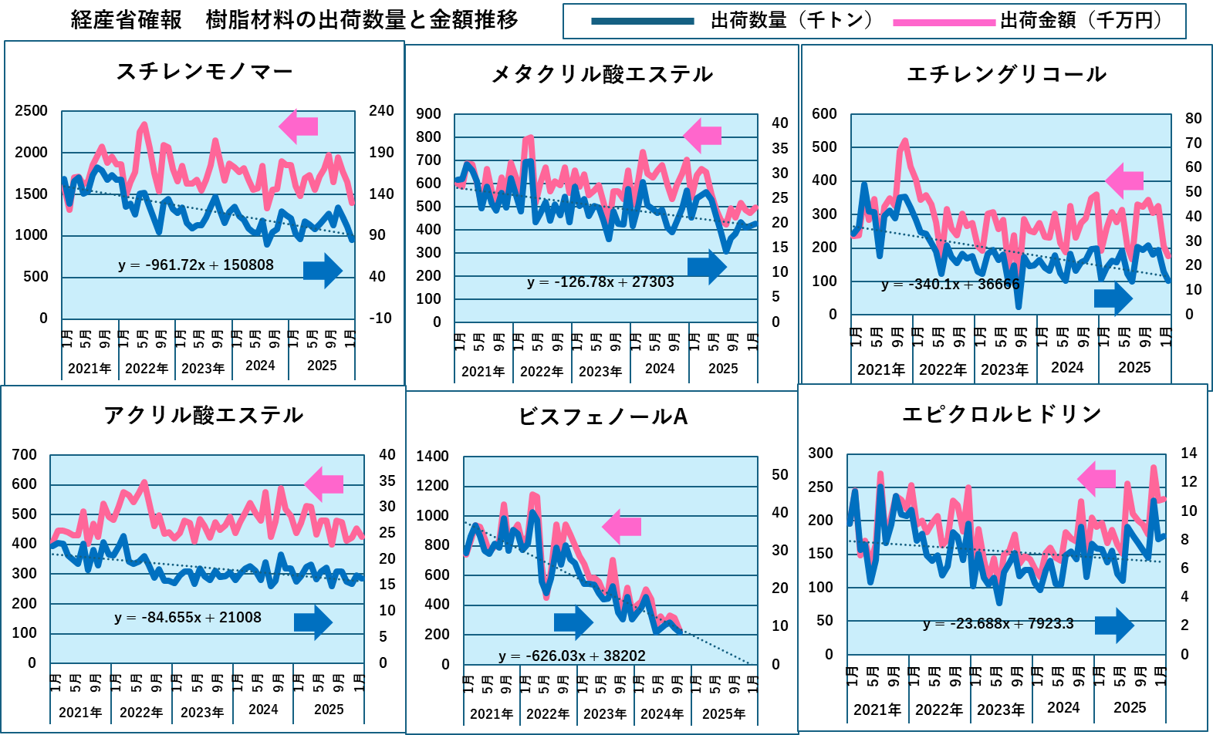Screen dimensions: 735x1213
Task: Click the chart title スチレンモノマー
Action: [x=204, y=72]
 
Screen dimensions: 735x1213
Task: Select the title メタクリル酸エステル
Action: [x=602, y=74]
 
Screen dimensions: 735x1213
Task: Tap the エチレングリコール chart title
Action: [x=1006, y=74]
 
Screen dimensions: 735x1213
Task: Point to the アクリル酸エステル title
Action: [x=204, y=416]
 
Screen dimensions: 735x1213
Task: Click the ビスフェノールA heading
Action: [x=603, y=417]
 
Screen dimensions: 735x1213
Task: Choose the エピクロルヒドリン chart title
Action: [x=1002, y=414]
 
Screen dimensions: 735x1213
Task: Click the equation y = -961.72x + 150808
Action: [x=196, y=265]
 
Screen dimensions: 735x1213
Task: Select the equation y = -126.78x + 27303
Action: [x=600, y=282]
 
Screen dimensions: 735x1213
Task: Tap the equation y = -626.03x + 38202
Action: [x=572, y=656]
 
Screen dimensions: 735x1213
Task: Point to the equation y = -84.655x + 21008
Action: [x=188, y=618]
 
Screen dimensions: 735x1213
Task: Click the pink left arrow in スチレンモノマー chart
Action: [x=299, y=126]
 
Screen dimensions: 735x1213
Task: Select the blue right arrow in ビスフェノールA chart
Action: [x=573, y=622]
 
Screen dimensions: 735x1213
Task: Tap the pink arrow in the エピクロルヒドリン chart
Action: [x=1096, y=479]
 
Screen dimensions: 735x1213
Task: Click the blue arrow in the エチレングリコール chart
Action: [x=1113, y=298]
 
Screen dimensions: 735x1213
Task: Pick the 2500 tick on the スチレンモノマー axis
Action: [x=32, y=111]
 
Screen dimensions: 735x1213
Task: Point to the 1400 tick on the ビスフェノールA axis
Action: [x=432, y=457]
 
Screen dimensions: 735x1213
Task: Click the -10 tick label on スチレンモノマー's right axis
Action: [x=380, y=319]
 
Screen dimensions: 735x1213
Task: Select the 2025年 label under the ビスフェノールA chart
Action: [x=724, y=714]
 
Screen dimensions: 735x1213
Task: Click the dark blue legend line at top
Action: [x=642, y=22]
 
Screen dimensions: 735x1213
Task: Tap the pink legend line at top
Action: [x=944, y=23]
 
